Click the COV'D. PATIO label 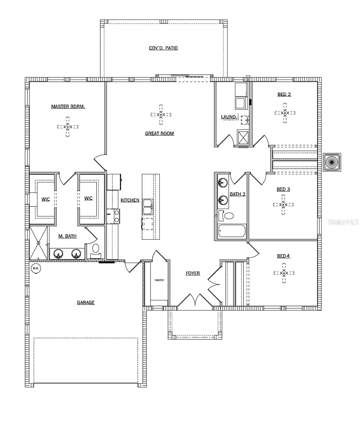[163, 48]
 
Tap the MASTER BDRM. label [68, 107]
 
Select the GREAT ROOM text [159, 134]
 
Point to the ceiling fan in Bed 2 [285, 113]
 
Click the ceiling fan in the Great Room [161, 115]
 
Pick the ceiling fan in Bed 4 [284, 273]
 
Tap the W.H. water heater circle [36, 268]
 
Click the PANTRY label [159, 280]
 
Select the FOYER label [193, 273]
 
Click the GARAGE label [85, 303]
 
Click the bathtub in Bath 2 [232, 231]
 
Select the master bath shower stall [38, 243]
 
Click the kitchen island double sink [148, 206]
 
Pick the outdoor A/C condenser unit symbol [332, 162]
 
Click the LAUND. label [229, 117]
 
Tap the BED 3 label [283, 189]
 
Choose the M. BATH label [67, 236]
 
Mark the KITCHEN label [130, 201]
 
